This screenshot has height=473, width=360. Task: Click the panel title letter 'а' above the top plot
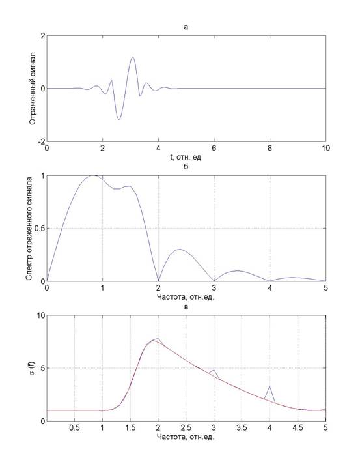click(186, 27)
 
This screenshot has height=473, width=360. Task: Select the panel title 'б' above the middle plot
click(186, 166)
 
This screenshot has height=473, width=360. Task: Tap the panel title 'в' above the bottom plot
click(186, 307)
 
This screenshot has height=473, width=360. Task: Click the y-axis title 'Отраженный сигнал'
click(33, 89)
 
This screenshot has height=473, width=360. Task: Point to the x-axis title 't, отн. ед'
click(186, 157)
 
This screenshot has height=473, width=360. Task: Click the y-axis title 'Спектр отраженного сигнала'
click(29, 228)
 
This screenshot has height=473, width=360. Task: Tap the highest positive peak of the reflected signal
click(132, 57)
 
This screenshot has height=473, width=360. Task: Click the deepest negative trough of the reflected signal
click(119, 119)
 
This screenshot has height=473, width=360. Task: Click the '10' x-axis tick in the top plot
click(325, 149)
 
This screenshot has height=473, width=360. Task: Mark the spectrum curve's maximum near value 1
click(94, 175)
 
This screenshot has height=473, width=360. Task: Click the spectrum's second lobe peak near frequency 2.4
click(180, 249)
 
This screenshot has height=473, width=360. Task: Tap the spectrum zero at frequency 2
click(158, 281)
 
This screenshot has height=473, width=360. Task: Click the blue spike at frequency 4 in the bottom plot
click(270, 386)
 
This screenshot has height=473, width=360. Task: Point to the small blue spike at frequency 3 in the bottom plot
click(214, 370)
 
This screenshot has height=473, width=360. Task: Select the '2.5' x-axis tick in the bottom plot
click(186, 428)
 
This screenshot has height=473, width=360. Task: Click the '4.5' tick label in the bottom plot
click(298, 428)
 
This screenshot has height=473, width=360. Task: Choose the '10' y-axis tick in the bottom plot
click(41, 315)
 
